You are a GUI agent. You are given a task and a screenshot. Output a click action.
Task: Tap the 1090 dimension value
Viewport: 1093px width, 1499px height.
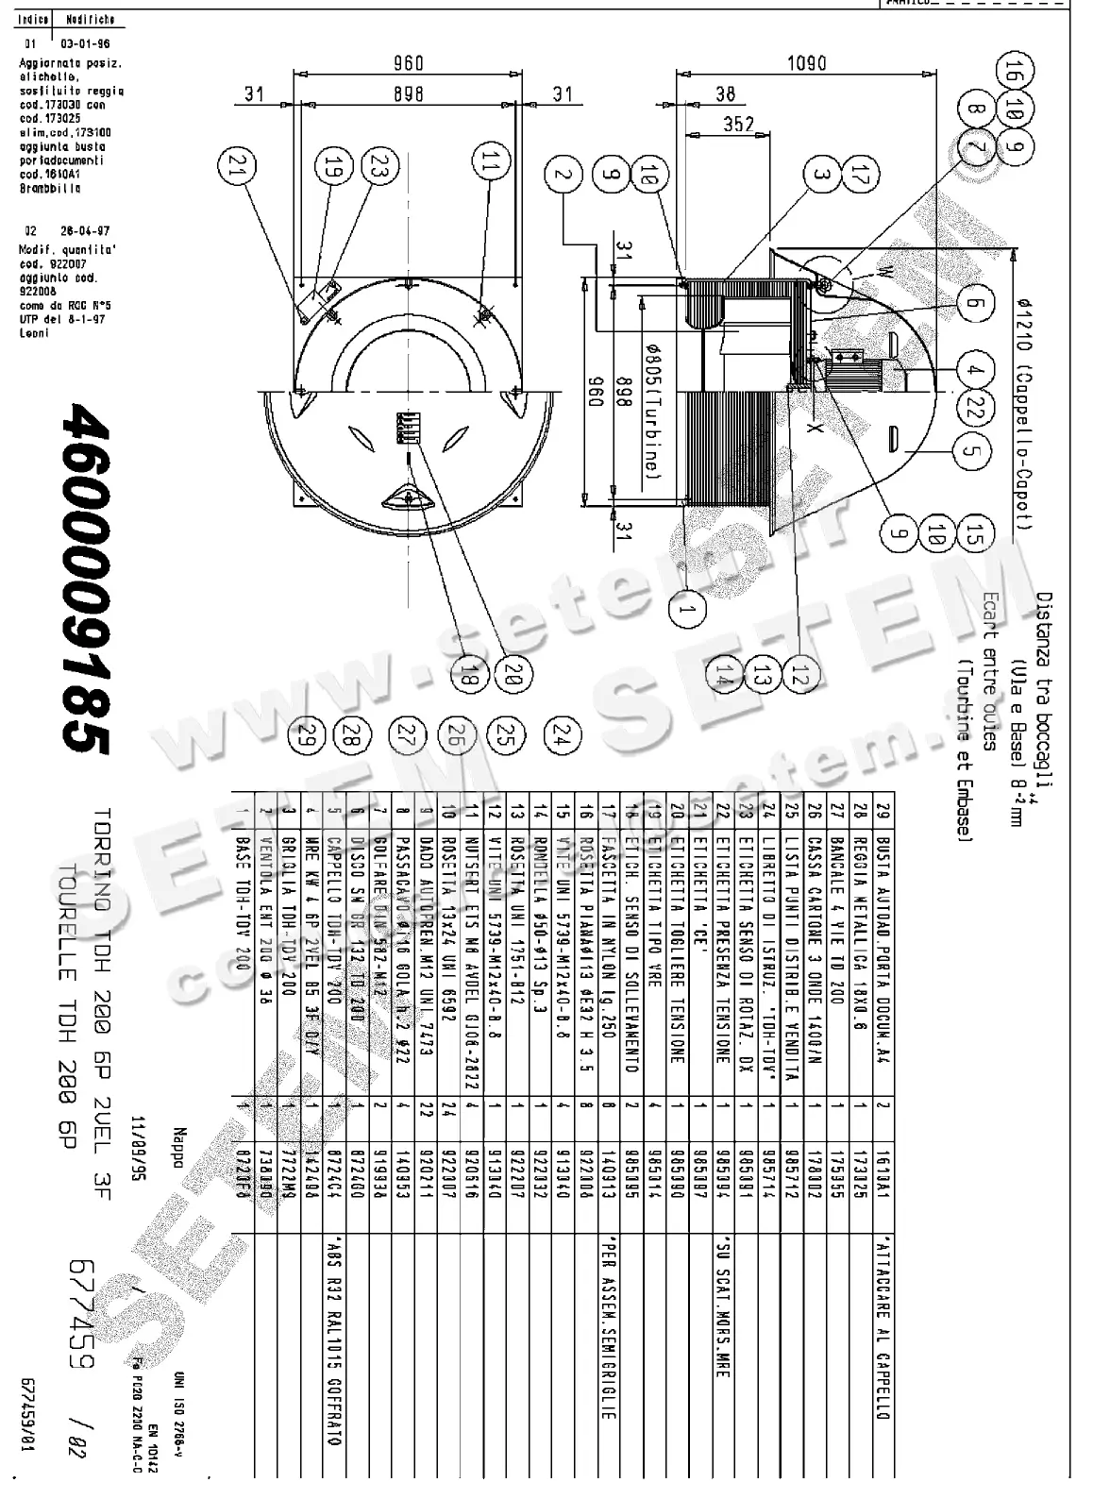click(x=805, y=63)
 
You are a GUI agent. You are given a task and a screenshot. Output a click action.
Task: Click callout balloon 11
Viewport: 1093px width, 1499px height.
click(x=488, y=168)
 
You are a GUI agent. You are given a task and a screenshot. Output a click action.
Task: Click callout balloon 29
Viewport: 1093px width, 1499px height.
click(x=306, y=733)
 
